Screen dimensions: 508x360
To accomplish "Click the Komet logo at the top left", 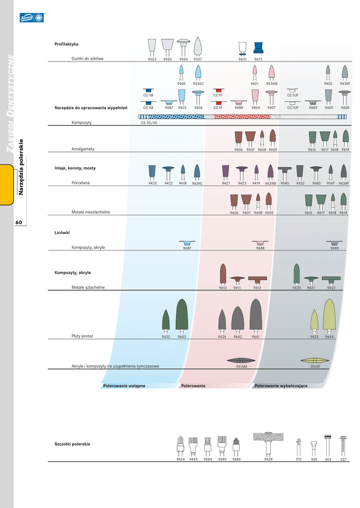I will click(32, 18).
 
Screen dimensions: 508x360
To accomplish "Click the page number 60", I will click(18, 222).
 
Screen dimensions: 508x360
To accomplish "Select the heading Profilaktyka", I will click(67, 45).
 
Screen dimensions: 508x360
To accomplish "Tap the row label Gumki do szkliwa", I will click(87, 59).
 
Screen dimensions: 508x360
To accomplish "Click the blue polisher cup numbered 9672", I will click(258, 48).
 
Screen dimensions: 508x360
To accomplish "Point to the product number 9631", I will click(242, 59).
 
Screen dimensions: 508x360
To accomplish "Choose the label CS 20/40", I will click(149, 123).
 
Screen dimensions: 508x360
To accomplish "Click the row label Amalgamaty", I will click(83, 149).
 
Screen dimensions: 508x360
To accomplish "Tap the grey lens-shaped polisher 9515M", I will click(241, 360).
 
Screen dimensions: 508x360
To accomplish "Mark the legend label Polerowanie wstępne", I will click(124, 385).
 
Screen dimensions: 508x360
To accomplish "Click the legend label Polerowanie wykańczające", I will click(281, 385).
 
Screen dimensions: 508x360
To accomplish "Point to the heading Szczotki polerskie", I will click(72, 444).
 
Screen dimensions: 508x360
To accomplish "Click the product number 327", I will click(343, 459).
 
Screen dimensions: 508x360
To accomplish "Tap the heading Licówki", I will click(62, 232).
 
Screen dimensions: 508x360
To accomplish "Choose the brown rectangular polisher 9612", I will click(257, 278).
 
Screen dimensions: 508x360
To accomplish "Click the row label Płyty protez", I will click(82, 336).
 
